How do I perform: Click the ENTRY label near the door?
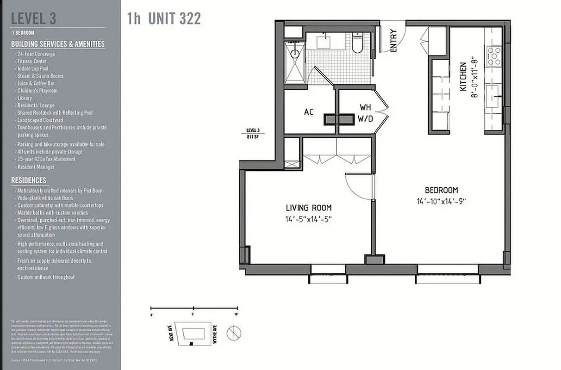[x=394, y=41]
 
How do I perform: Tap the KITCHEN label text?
[x=463, y=77]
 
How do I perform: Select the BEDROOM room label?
[x=441, y=190]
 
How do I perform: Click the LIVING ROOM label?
[x=308, y=208]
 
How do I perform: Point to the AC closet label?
[x=309, y=112]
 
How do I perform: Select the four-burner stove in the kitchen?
[x=494, y=55]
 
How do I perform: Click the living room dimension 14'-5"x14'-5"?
[x=308, y=219]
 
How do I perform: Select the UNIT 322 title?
[x=174, y=19]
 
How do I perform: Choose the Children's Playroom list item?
[x=37, y=91]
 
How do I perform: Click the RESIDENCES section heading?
[x=29, y=180]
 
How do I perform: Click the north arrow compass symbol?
[x=234, y=333]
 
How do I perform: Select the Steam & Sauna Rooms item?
[x=40, y=76]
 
